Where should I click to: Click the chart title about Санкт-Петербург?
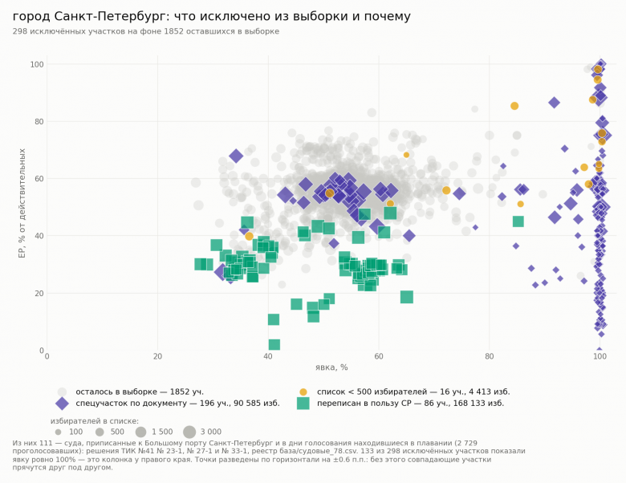tap(212, 16)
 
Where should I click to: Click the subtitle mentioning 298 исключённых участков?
tap(146, 31)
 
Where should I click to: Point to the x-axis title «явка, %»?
tap(331, 367)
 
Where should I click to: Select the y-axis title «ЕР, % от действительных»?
tap(22, 203)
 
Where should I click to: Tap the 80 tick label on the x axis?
tap(489, 356)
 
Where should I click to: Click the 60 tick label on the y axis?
tap(39, 178)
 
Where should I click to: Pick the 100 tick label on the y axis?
tap(37, 64)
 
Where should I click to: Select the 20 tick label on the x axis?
tap(157, 356)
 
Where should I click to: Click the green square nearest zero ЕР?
tap(274, 344)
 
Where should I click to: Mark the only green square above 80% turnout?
tap(518, 221)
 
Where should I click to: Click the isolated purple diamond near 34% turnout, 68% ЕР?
tap(236, 156)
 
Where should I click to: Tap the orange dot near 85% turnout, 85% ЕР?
tap(514, 106)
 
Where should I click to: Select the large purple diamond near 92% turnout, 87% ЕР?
tap(554, 103)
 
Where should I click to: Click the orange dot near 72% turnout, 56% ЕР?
tap(446, 190)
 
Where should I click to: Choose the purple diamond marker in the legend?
tap(62, 403)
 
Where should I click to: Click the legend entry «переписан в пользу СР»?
tap(410, 403)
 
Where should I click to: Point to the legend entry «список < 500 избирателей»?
tap(413, 392)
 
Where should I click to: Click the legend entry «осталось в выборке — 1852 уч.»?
tap(140, 392)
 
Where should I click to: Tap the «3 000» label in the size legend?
tap(211, 432)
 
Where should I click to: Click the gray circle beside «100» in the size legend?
tap(59, 432)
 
